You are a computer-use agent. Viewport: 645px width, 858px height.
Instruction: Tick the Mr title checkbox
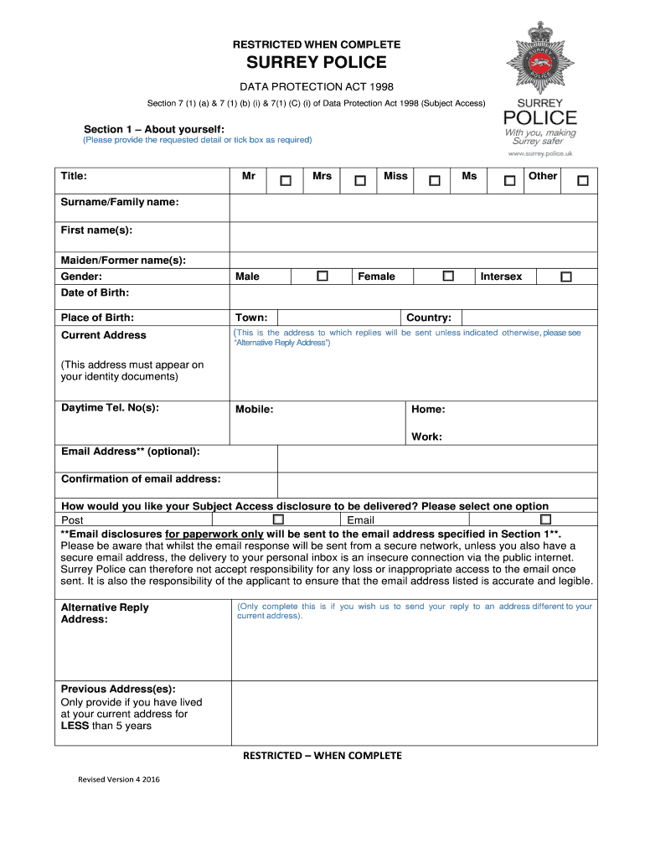pos(286,180)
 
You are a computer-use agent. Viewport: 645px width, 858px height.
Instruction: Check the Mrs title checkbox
pos(360,180)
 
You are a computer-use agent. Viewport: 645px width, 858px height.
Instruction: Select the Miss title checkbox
pos(434,180)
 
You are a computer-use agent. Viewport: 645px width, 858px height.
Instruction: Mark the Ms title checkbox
pos(509,180)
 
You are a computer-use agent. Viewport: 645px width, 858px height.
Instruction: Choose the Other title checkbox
pos(582,180)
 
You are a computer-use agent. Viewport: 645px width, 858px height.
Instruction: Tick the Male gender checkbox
pos(322,276)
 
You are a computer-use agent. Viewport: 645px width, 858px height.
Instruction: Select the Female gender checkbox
pos(448,276)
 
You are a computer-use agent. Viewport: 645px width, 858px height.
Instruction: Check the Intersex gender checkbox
pos(566,277)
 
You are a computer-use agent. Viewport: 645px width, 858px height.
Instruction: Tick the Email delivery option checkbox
pos(545,519)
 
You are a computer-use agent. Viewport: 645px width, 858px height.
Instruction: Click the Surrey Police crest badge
pos(539,59)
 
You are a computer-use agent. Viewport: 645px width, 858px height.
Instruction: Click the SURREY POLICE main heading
pos(316,63)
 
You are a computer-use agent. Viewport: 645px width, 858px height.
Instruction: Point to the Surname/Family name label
pos(119,202)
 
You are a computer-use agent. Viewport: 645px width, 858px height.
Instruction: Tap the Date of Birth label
pos(95,292)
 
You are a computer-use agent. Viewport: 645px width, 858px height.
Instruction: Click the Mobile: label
pos(254,410)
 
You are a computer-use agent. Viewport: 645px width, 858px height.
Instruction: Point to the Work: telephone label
pos(426,437)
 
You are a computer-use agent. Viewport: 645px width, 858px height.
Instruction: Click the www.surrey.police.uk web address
pos(540,154)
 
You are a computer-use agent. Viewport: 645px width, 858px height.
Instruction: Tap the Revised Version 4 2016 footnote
pos(119,779)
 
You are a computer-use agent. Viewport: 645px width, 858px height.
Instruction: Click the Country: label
pos(428,318)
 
